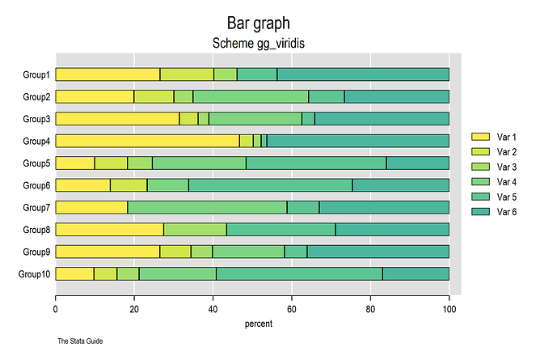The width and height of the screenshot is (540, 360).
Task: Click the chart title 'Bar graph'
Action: [254, 23]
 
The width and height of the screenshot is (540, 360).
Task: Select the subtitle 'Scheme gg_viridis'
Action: [254, 43]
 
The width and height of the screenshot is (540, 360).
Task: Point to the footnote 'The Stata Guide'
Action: [80, 341]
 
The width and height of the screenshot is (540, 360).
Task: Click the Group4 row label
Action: [36, 141]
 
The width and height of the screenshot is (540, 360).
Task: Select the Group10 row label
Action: [34, 273]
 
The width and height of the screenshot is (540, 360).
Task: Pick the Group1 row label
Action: [36, 74]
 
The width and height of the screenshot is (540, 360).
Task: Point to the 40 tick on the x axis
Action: [213, 308]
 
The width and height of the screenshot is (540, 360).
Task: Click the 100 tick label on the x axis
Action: [449, 308]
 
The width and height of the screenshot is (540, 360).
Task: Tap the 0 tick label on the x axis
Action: [55, 308]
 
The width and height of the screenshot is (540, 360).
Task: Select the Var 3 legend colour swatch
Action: [481, 167]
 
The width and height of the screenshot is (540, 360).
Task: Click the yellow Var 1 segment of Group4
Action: [147, 141]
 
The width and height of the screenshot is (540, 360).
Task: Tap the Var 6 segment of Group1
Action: [363, 74]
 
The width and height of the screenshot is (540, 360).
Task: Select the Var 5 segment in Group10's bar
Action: [299, 273]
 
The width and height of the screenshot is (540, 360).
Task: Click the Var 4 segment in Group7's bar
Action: [207, 207]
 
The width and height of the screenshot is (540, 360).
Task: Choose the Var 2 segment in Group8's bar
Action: [195, 229]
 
